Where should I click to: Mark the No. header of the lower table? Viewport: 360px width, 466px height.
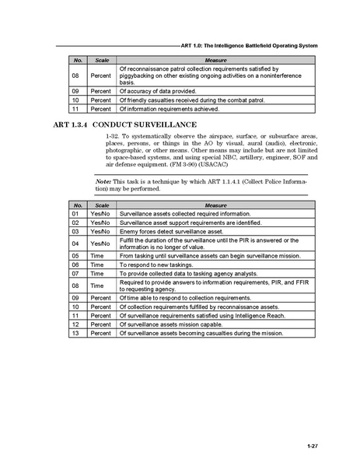coord(76,203)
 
